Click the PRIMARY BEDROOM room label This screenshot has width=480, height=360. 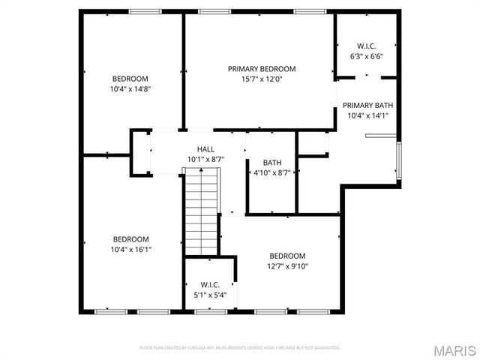pyautogui.click(x=262, y=68)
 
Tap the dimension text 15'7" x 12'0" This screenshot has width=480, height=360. pyautogui.click(x=262, y=79)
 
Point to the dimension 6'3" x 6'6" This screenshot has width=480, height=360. pyautogui.click(x=366, y=55)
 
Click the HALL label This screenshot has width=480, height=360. pyautogui.click(x=205, y=149)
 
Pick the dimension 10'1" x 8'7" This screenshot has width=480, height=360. pyautogui.click(x=205, y=160)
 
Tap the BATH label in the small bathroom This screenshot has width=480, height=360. pyautogui.click(x=271, y=163)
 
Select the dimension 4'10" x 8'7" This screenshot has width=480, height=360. pyautogui.click(x=271, y=172)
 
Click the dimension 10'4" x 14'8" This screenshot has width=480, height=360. pyautogui.click(x=130, y=88)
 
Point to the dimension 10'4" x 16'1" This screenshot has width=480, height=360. pyautogui.click(x=130, y=250)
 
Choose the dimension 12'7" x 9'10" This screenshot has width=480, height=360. pyautogui.click(x=288, y=265)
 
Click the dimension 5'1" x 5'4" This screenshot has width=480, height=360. pyautogui.click(x=210, y=295)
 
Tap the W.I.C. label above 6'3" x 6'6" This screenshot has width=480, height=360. pyautogui.click(x=366, y=45)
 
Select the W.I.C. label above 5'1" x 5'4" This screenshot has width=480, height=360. pyautogui.click(x=210, y=284)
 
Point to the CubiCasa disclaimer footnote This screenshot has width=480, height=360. pyautogui.click(x=240, y=348)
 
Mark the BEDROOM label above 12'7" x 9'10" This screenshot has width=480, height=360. pyautogui.click(x=288, y=255)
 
